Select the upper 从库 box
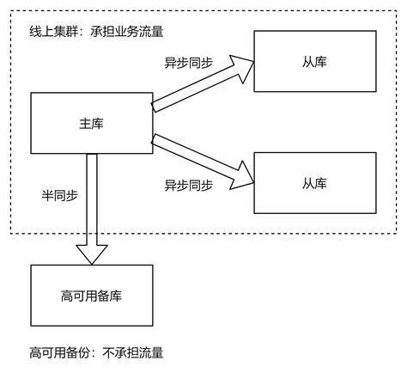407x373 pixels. [315, 62]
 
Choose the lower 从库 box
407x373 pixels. [315, 182]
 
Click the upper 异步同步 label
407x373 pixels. [189, 63]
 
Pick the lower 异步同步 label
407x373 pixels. [189, 184]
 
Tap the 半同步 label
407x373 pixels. [59, 195]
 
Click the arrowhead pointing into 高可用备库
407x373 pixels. [91, 254]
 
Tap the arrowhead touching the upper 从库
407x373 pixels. [245, 63]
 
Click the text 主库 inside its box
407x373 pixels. [91, 124]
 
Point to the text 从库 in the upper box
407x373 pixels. [315, 62]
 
